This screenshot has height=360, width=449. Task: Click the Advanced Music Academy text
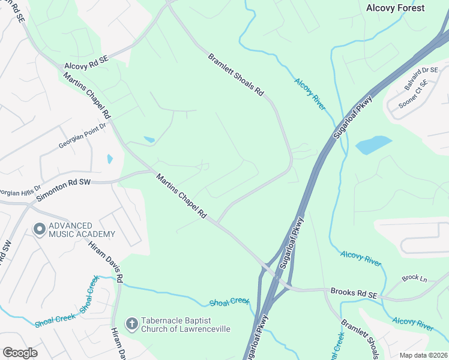click(x=82, y=229)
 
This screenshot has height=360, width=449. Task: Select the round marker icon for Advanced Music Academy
click(x=40, y=229)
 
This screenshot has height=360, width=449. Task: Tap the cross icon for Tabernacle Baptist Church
click(x=132, y=325)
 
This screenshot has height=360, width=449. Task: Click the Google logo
click(x=20, y=353)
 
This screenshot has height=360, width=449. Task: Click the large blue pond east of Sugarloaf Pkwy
click(x=373, y=145)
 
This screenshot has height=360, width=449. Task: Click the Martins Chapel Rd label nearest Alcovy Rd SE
click(x=87, y=96)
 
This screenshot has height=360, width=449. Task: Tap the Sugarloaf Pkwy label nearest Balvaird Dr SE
click(x=352, y=117)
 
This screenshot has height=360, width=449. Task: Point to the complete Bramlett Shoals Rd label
click(x=236, y=75)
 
